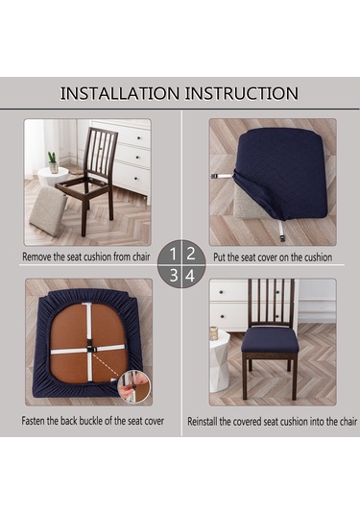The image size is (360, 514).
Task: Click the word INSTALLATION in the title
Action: coord(120,93)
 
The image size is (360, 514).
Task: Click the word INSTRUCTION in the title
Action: coord(242,93)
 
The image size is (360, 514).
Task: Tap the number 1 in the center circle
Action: coord(173,254)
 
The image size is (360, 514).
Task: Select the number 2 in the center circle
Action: coord(191,254)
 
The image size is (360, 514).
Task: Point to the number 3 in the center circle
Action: coord(174,276)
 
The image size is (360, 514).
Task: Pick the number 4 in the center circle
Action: coord(190,276)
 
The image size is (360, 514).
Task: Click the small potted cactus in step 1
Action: coord(53,162)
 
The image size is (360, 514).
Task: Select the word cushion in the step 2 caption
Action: coord(318,257)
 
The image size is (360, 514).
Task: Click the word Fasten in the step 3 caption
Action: coord(33,421)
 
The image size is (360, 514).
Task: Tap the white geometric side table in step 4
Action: coord(219,360)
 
